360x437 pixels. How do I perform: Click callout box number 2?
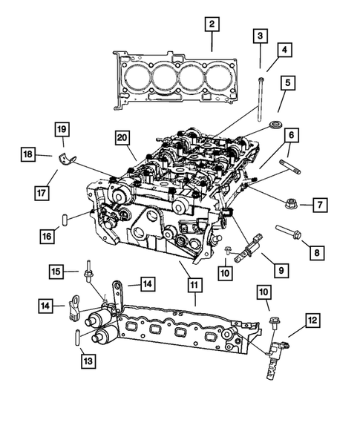click(212, 25)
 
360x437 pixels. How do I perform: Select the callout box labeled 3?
click(260, 35)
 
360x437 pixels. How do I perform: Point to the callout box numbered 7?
click(320, 204)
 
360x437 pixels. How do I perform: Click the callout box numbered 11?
click(193, 284)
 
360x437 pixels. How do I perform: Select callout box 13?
click(89, 361)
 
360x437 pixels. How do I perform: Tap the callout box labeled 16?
click(46, 236)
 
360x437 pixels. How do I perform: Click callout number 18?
click(27, 154)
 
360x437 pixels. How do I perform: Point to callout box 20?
click(123, 137)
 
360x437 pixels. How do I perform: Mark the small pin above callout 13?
click(76, 338)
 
